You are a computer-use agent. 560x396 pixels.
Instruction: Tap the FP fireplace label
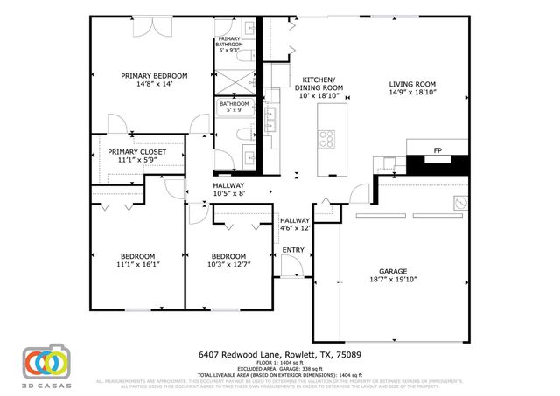(437, 151)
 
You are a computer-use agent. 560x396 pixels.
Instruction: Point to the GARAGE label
(393, 271)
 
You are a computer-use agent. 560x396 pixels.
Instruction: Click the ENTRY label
(292, 251)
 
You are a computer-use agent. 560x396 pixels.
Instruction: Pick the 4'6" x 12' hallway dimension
(295, 229)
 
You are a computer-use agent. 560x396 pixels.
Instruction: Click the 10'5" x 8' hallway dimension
(229, 194)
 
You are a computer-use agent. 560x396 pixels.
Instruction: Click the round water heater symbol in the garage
(457, 203)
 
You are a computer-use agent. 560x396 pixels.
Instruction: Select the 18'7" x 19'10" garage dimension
(393, 281)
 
